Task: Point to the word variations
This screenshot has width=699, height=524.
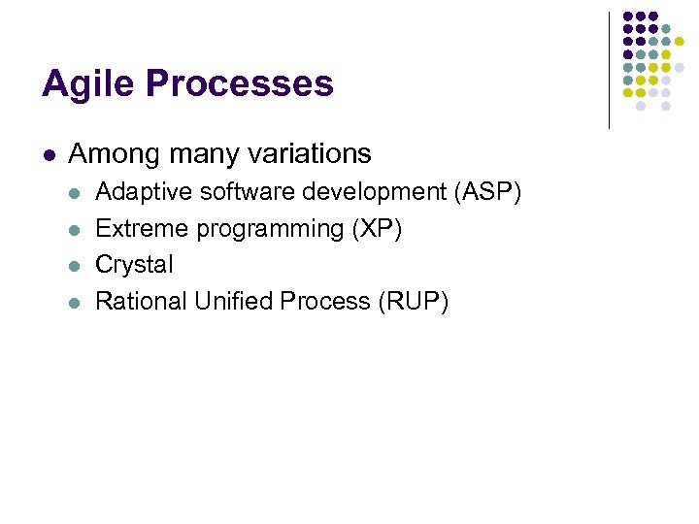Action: coord(312,153)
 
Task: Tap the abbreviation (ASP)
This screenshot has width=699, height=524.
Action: coord(488,192)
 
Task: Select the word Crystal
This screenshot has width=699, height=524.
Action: coord(134,265)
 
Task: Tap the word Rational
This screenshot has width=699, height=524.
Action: coord(142,302)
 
